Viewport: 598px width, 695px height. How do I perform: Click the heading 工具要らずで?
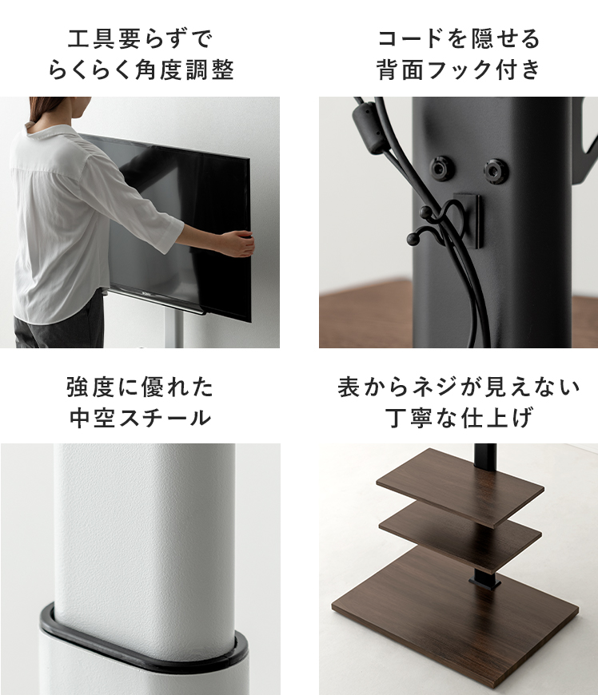140,38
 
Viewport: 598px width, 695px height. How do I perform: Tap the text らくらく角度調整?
140,70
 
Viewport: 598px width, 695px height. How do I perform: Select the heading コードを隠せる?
459,38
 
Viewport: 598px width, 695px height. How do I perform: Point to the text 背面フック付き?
459,70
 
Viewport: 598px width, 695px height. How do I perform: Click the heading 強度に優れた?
140,387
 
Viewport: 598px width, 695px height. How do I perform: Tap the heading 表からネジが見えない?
459,387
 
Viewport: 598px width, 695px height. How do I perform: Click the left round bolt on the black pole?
441,168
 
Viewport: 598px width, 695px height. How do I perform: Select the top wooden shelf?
459,484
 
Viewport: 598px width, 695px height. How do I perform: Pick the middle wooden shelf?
459,530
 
